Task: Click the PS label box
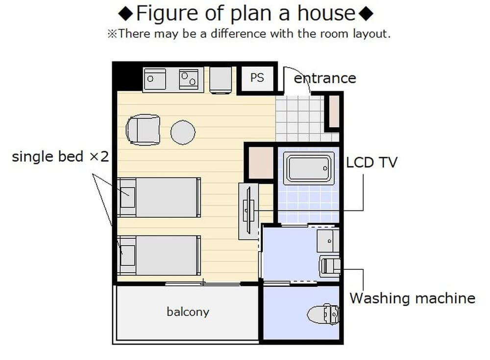[x=257, y=78]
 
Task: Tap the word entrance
[x=324, y=78]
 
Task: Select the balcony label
[x=188, y=312]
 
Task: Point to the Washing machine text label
[x=412, y=298]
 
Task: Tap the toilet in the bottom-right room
[x=324, y=314]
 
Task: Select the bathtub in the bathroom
[x=308, y=168]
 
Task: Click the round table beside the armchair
[x=183, y=132]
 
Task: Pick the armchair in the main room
[x=143, y=130]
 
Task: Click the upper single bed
[x=159, y=197]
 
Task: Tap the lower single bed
[x=159, y=255]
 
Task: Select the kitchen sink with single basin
[x=154, y=79]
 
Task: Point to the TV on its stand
[x=248, y=211]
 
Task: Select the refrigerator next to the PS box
[x=220, y=79]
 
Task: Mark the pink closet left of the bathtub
[x=260, y=162]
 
